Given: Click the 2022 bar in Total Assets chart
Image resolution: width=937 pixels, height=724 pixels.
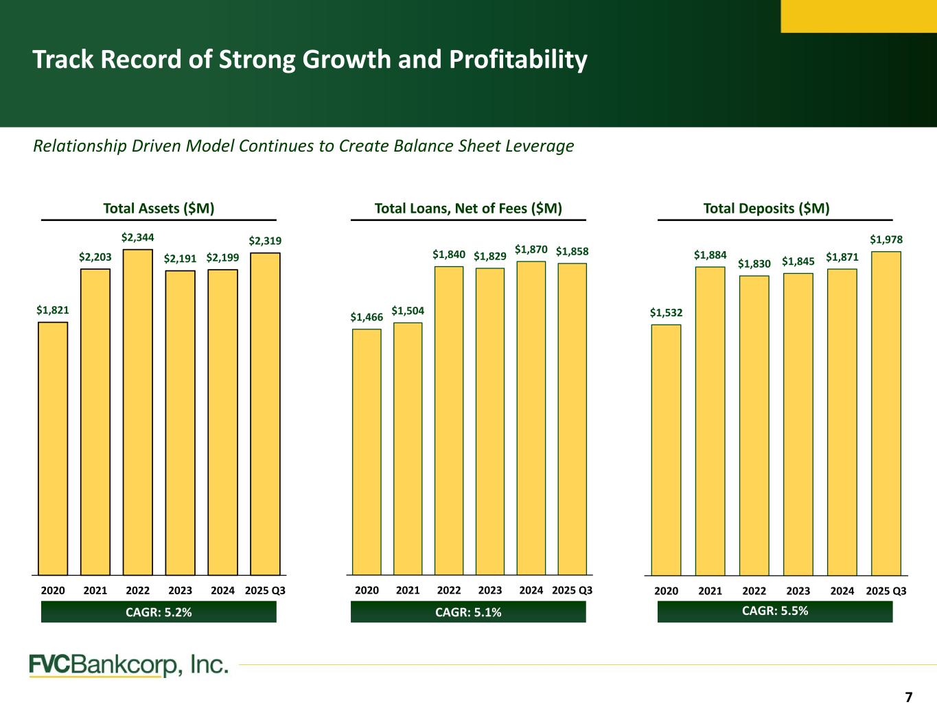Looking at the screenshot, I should [x=138, y=412].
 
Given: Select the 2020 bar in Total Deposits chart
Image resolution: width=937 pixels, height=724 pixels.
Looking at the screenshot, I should [x=666, y=449].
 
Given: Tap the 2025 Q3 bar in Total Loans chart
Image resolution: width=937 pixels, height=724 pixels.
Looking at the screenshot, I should [x=572, y=419].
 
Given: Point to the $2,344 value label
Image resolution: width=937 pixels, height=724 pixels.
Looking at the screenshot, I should [x=138, y=237].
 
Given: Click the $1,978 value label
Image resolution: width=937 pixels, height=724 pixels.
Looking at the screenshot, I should [x=886, y=240].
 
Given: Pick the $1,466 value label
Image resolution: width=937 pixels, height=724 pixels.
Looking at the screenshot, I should [x=367, y=317].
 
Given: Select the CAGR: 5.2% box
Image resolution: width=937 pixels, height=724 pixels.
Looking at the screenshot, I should [x=159, y=612].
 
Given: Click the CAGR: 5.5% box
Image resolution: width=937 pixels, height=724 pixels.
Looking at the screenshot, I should [x=775, y=611].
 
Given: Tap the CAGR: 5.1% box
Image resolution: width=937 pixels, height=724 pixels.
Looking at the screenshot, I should [x=468, y=612].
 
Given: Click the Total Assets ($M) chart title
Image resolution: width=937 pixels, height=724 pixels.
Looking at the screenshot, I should [x=159, y=209].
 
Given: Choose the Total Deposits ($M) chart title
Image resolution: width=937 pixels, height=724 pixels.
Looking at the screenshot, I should [x=766, y=209].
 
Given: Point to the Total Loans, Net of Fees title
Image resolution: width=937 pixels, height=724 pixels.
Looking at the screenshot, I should [x=468, y=209].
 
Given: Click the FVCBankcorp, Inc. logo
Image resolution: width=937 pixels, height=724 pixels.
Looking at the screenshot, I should [x=128, y=665].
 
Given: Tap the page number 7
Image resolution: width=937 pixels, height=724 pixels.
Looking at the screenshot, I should [x=909, y=698].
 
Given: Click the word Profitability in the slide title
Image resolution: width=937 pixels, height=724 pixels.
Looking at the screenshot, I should [x=518, y=60].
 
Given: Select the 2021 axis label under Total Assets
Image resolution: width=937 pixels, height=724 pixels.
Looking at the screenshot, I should [x=95, y=591].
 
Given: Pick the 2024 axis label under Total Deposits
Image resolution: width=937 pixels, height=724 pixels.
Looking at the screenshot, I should [x=842, y=591].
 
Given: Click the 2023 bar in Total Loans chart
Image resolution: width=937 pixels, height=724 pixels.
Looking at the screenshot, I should [x=490, y=421].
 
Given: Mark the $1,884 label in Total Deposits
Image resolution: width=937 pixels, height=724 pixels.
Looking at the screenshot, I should [x=710, y=255].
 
